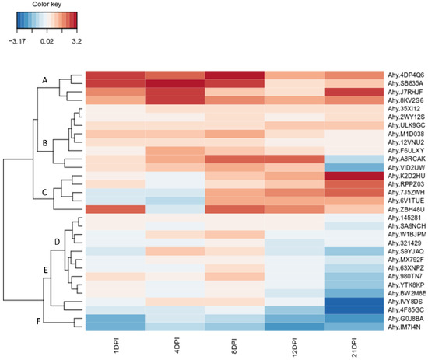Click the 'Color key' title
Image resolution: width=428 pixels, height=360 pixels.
pyautogui.click(x=37, y=5)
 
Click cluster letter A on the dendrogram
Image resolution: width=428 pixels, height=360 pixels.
pyautogui.click(x=44, y=80)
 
